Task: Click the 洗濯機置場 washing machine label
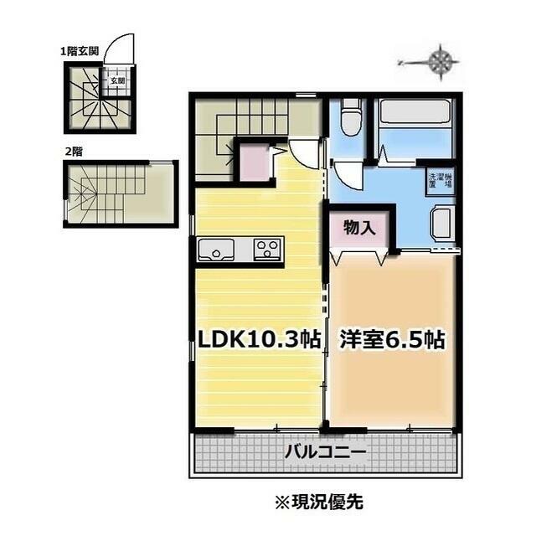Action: pos(441,181)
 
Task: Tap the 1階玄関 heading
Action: pos(80,51)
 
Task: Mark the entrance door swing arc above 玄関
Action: pos(122,45)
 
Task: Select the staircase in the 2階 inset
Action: pos(100,193)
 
